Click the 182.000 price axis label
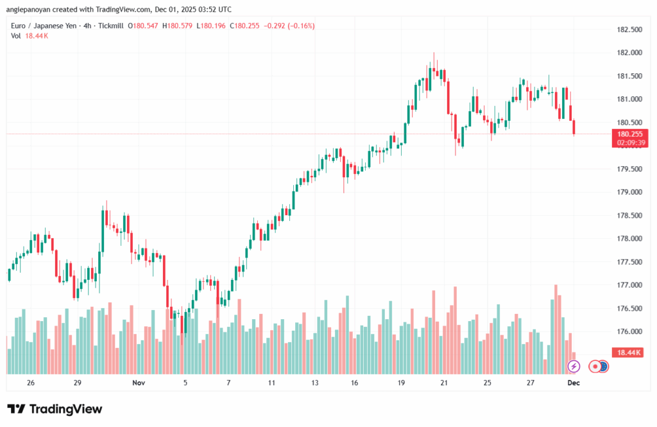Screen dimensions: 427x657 [x=629, y=53]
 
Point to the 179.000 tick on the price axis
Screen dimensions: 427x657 [x=629, y=192]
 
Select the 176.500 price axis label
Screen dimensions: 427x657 [x=629, y=308]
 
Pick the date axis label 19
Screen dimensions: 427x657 [x=401, y=382]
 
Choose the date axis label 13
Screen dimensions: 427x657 [x=315, y=382]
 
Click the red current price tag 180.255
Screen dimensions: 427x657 [x=630, y=134]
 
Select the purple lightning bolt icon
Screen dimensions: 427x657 [x=574, y=366]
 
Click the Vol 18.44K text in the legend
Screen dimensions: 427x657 [x=30, y=35]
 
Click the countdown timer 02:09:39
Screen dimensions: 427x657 [x=630, y=142]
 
